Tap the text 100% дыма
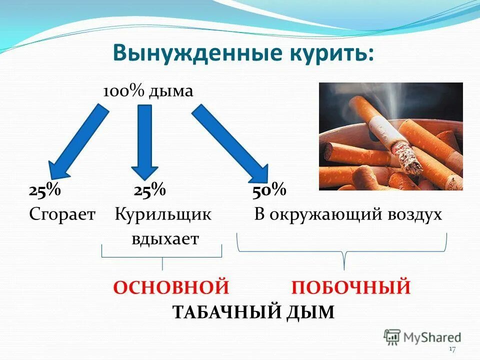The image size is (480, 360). (x=148, y=92)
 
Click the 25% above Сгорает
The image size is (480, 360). (x=44, y=190)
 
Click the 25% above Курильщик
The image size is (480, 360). (x=149, y=190)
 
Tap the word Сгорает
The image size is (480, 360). (x=62, y=215)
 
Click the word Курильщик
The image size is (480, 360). (x=163, y=215)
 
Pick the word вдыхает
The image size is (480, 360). (x=165, y=238)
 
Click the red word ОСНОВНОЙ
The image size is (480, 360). (x=171, y=288)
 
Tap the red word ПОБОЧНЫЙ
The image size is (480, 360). (x=351, y=288)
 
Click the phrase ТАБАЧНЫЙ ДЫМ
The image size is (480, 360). (x=253, y=312)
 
